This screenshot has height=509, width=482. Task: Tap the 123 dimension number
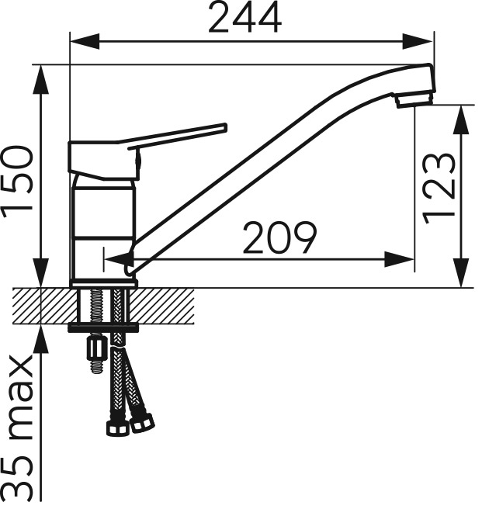tap(439, 189)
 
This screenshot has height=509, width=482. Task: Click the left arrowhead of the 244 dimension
tap(85, 42)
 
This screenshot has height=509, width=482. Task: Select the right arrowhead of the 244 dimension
tap(418, 42)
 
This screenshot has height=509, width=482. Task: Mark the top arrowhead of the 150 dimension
tap(41, 79)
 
